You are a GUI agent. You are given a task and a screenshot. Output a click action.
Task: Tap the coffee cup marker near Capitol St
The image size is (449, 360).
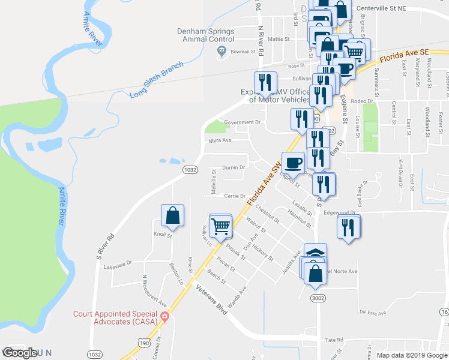[x=293, y=163]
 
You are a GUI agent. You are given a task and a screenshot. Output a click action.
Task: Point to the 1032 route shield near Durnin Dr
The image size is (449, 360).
[x=190, y=170]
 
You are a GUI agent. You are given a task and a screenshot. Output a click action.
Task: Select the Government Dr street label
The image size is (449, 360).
[x=244, y=122]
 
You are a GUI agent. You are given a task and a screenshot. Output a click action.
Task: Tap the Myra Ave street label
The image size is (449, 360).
[x=220, y=140]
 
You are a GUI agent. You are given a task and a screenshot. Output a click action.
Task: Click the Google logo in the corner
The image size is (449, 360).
[x=20, y=353]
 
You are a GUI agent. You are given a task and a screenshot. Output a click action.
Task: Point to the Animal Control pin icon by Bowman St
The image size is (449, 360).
[x=221, y=52]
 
